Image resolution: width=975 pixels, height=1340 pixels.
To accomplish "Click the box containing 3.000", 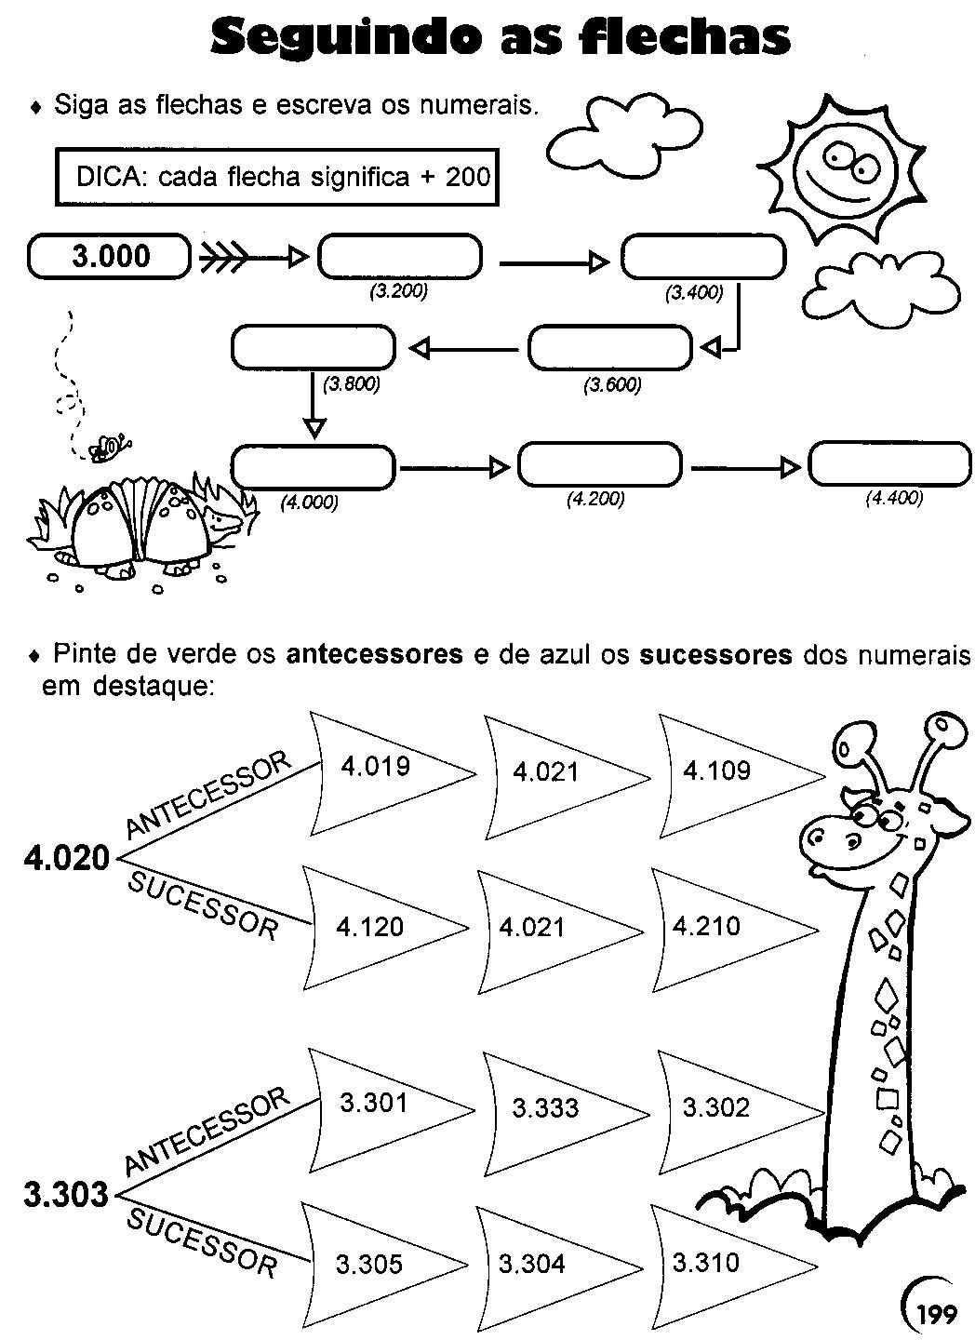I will (110, 256).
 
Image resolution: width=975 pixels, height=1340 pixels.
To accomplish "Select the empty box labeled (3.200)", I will (400, 257).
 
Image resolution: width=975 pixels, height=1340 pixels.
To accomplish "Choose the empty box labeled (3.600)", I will (610, 349).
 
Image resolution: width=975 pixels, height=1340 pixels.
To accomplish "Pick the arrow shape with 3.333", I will (554, 1107).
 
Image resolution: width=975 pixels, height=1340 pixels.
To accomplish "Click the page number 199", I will (935, 1314).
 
